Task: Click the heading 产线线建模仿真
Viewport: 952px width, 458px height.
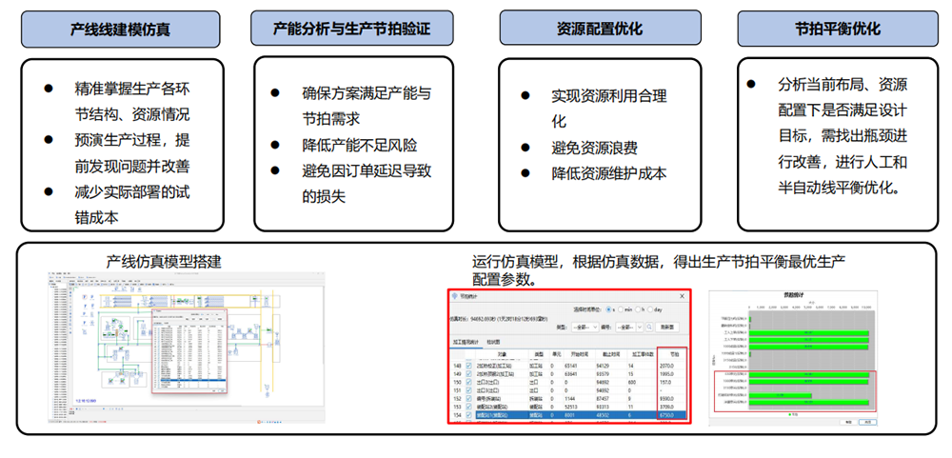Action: pos(120,29)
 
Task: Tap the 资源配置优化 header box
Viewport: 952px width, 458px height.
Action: pos(596,29)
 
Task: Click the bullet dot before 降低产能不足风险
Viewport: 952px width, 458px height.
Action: pos(276,146)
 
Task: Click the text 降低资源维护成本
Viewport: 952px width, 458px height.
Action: pos(608,173)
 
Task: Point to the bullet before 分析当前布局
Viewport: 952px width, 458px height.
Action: pos(753,85)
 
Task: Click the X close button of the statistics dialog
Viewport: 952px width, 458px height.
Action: pos(682,296)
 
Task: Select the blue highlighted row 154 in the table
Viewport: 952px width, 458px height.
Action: pos(571,415)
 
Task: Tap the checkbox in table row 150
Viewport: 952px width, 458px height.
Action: pos(469,382)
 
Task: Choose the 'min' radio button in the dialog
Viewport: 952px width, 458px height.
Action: pos(621,310)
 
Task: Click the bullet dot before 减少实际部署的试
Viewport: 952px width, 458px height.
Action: pos(48,190)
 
